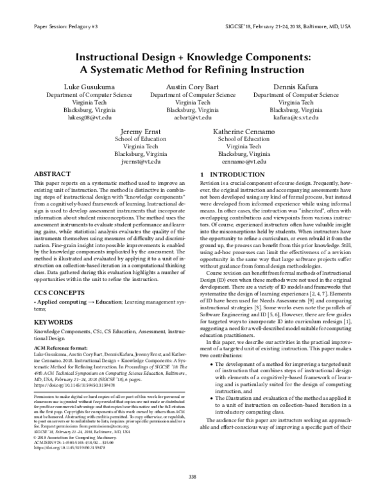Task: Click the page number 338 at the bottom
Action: coord(192,476)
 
